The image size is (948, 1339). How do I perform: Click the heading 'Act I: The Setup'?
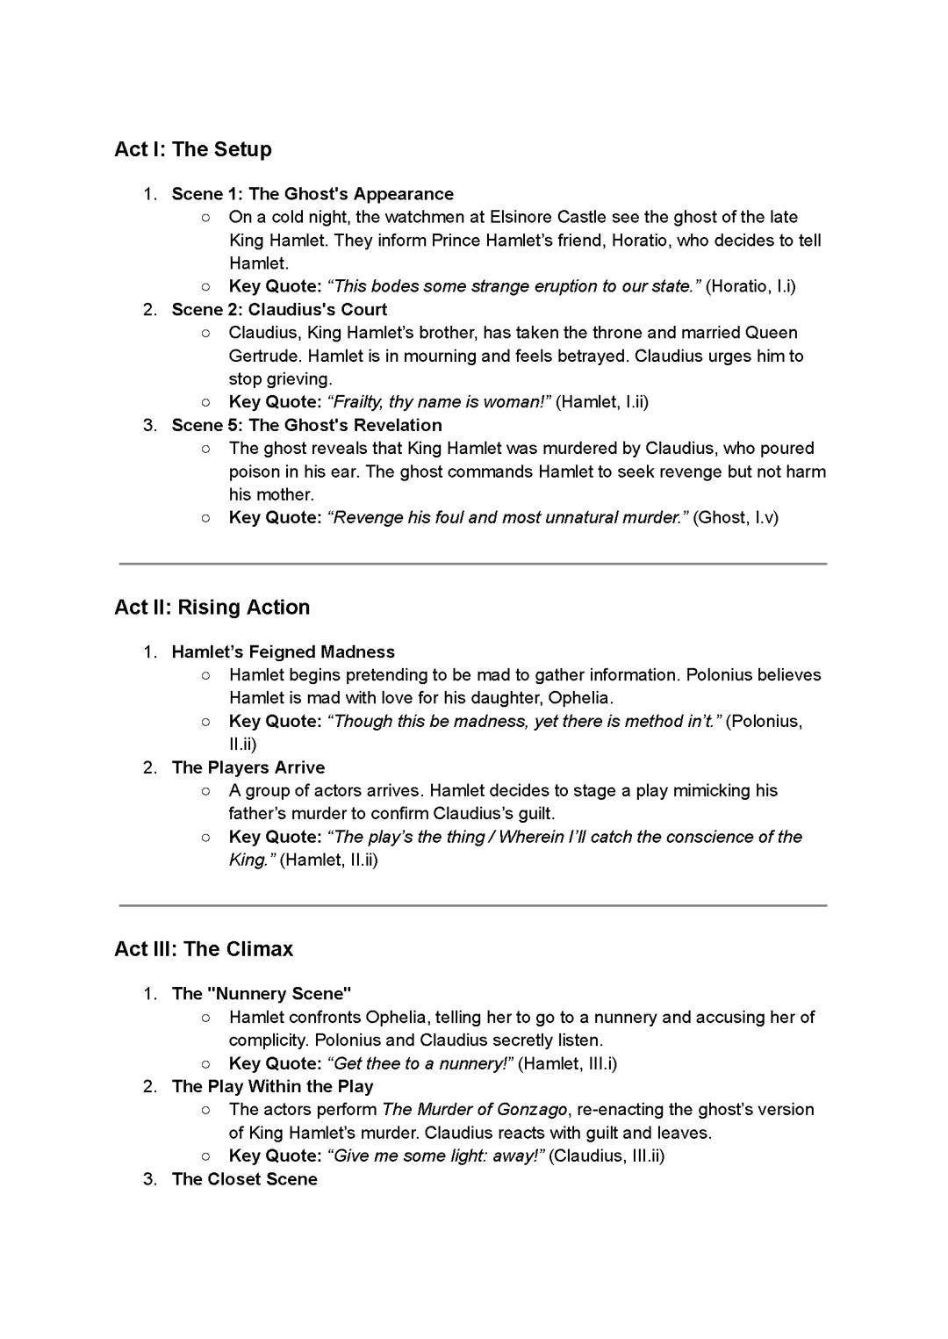click(x=192, y=149)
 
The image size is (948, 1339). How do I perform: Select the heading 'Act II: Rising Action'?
click(x=212, y=608)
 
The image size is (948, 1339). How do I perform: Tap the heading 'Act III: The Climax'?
click(x=204, y=949)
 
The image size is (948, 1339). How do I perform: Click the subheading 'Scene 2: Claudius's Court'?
click(x=279, y=309)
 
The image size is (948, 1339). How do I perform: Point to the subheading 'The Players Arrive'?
click(x=248, y=767)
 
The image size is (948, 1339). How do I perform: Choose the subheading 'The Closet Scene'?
click(x=245, y=1178)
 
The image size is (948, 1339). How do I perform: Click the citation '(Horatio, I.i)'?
click(x=750, y=286)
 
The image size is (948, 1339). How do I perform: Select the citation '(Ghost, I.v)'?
click(x=736, y=517)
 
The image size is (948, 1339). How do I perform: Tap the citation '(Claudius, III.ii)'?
click(x=607, y=1155)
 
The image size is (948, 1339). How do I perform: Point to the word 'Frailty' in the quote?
click(x=357, y=402)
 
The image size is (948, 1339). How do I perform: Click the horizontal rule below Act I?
click(x=473, y=564)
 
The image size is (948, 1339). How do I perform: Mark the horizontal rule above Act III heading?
click(x=473, y=905)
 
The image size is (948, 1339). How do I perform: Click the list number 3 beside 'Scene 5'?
click(x=150, y=425)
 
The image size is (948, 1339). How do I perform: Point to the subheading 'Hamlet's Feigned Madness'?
click(x=283, y=652)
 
